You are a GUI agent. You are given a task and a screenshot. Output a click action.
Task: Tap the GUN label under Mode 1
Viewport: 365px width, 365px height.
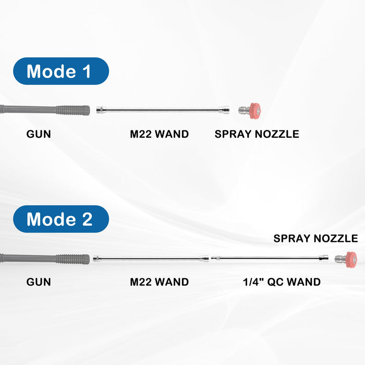coord(39,134)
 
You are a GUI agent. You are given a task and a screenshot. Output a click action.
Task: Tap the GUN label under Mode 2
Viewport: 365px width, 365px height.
coord(39,282)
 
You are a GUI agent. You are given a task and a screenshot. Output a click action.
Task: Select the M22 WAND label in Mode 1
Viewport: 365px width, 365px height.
coord(159,134)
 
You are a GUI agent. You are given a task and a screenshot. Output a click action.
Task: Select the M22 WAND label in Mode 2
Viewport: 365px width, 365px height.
coord(159,282)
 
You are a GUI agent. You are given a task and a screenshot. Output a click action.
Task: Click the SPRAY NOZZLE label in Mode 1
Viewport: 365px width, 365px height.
coord(257,134)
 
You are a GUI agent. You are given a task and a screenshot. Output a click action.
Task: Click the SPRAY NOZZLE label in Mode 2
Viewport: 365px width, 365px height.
coord(315,239)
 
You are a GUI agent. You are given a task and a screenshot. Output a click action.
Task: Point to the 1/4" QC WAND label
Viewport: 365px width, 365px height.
coord(282,282)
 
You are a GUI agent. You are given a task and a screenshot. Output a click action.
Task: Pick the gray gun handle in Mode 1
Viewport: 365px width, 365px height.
coord(26,110)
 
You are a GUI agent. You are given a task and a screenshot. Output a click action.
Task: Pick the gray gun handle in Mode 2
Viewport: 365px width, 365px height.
coord(26,258)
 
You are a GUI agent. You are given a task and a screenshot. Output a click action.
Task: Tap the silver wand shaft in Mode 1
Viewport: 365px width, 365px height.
coord(162,110)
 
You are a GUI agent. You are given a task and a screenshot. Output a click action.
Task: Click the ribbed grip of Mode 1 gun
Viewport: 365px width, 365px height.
coord(73,110)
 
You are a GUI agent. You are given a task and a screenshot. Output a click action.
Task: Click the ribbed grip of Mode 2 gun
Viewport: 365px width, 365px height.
coord(73,258)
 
